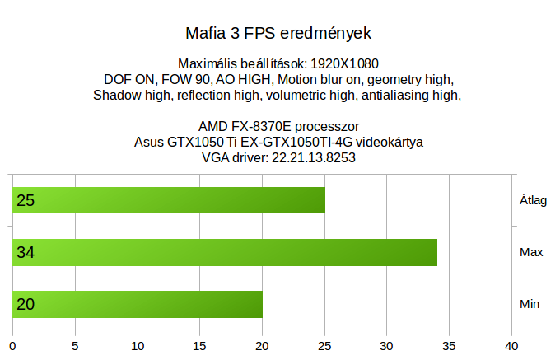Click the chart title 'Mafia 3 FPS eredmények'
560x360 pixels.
coord(278,34)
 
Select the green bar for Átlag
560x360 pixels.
coord(169,200)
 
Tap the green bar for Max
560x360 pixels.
coord(225,252)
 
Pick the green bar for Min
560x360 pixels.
coord(138,304)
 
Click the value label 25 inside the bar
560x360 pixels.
coord(26,200)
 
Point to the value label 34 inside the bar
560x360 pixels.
coord(26,253)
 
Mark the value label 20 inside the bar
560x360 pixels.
coord(26,305)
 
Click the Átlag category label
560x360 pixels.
coord(533,200)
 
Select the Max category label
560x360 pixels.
coord(531,252)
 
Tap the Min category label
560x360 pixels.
coord(530,304)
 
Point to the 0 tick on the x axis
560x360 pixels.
coord(12,346)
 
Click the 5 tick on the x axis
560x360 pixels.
coord(75,346)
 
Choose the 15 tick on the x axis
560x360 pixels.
coord(199,346)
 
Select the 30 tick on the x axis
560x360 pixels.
coord(386,346)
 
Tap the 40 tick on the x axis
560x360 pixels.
coord(511,346)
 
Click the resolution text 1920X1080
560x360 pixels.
coord(344,64)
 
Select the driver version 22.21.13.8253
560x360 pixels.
coord(314,158)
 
